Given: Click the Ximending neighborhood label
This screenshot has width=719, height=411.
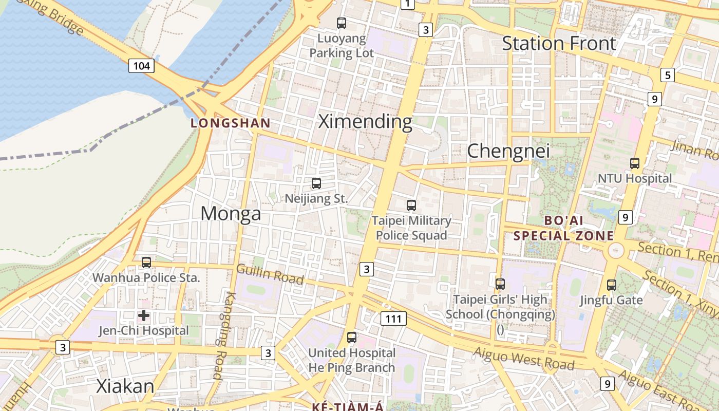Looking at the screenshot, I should pyautogui.click(x=365, y=122).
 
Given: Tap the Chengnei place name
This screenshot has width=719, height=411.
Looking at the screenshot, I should pyautogui.click(x=508, y=151).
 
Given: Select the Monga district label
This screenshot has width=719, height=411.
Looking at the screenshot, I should pyautogui.click(x=231, y=213).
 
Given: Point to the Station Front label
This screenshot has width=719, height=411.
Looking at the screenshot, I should pyautogui.click(x=559, y=44).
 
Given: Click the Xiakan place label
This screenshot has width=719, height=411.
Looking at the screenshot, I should pyautogui.click(x=125, y=386).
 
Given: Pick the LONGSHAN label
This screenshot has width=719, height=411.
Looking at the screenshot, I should pyautogui.click(x=231, y=123).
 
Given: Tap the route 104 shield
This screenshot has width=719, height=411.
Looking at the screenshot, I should pyautogui.click(x=142, y=66).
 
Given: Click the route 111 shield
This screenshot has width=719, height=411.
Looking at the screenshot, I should pyautogui.click(x=393, y=319).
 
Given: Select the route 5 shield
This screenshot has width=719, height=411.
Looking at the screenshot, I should pyautogui.click(x=667, y=75).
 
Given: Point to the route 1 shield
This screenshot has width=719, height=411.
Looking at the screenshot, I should pyautogui.click(x=407, y=4).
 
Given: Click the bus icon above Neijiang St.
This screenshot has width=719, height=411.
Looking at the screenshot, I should pyautogui.click(x=316, y=183).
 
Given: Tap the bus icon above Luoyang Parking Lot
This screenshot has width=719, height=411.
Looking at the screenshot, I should pyautogui.click(x=342, y=23).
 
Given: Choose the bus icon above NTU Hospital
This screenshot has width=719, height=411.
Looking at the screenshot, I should pyautogui.click(x=635, y=163).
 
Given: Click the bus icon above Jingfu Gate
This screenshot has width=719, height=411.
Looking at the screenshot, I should pyautogui.click(x=612, y=285).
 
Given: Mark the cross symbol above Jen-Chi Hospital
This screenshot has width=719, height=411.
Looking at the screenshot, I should pyautogui.click(x=144, y=315).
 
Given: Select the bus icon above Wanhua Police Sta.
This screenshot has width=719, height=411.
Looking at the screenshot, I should pyautogui.click(x=146, y=263).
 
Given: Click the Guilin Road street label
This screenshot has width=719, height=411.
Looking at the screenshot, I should pyautogui.click(x=270, y=274).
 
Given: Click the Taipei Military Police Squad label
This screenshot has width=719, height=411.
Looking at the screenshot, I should pyautogui.click(x=411, y=228).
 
